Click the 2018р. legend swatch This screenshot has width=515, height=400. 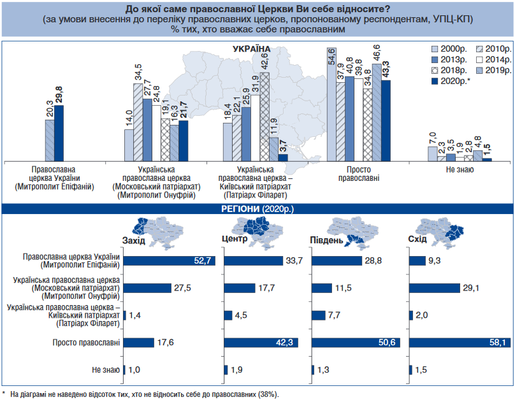[435, 71]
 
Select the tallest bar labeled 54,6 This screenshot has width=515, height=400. [331, 104]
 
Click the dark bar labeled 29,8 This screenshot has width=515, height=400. [59, 133]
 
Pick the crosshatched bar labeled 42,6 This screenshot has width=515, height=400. [265, 117]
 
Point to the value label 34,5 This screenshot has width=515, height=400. [138, 72]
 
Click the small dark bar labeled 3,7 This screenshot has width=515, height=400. [283, 157]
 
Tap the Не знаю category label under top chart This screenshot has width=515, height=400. [460, 169]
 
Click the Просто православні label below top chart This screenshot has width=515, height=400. [359, 174]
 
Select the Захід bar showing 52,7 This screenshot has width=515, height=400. [169, 261]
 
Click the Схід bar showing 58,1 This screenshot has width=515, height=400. [460, 343]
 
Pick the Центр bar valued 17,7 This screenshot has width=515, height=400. [240, 288]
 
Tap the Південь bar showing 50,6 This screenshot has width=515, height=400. [356, 343]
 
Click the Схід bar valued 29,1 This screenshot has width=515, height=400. [435, 288]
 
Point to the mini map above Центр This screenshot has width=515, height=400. [257, 232]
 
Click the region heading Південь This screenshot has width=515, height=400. [326, 240]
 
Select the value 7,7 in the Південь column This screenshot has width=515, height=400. [334, 315]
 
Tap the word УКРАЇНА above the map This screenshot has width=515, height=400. [252, 49]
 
